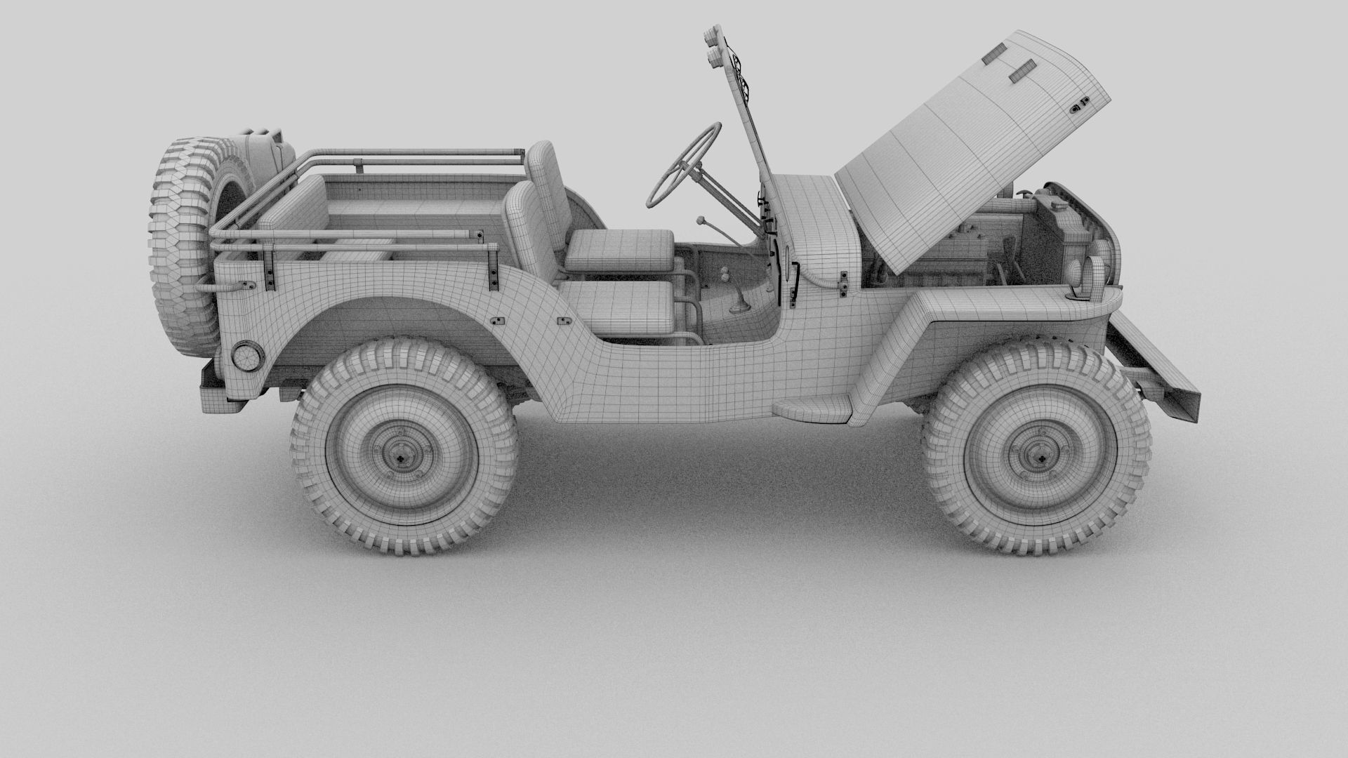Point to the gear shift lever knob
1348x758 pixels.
pyautogui.click(x=700, y=220)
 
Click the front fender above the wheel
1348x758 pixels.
pyautogui.click(x=997, y=309)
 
